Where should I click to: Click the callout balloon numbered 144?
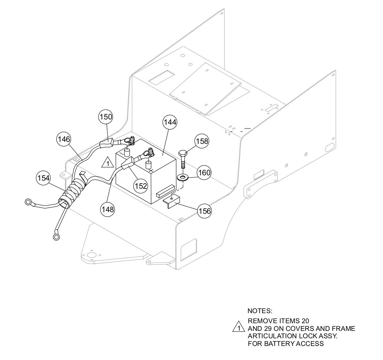coord(170,122)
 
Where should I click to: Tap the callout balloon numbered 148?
coord(108,209)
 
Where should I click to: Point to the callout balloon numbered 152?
coord(141,186)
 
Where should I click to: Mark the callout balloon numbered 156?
coord(204,211)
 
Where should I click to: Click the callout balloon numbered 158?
coord(202,141)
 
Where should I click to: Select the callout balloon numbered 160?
coord(204,173)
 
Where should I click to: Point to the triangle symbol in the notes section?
coord(238,327)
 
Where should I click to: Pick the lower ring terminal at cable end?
coord(56,237)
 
